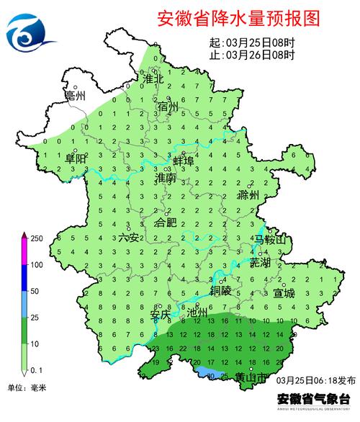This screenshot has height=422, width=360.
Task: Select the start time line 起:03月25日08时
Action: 251,42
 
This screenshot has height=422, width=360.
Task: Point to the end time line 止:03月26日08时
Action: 251,55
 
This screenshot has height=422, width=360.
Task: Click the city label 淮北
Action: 154,77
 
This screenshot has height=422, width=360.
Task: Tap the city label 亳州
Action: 75,96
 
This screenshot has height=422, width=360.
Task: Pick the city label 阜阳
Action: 75,158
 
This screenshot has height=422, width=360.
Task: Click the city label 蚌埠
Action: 184,161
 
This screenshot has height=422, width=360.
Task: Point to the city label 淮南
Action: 165,176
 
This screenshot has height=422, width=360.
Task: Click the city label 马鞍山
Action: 270,239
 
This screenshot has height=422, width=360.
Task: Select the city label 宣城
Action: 284,293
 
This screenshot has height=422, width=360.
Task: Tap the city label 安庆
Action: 160,314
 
